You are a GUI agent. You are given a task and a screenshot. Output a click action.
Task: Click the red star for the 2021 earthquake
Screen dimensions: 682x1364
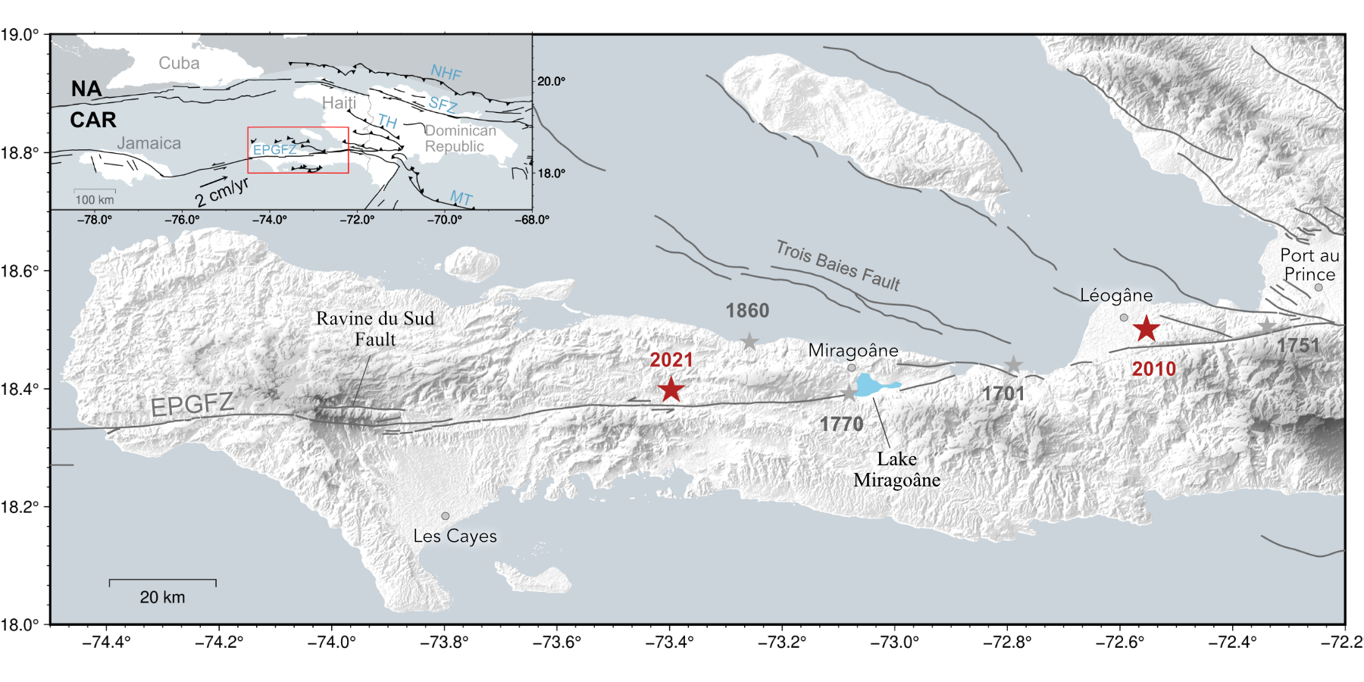671,389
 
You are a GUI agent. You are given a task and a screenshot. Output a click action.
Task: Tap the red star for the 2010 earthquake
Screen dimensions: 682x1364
1147,329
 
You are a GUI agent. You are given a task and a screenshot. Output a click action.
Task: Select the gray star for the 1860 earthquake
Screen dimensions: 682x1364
749,342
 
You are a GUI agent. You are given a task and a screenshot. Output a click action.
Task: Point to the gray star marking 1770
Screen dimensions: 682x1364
849,393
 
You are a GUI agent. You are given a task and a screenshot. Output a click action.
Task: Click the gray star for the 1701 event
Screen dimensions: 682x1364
1014,365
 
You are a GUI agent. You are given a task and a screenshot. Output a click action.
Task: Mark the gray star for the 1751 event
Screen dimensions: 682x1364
1267,326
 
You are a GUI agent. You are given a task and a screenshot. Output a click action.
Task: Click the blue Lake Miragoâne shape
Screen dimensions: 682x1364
874,384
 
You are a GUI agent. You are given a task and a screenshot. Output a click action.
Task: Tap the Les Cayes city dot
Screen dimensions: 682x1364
446,516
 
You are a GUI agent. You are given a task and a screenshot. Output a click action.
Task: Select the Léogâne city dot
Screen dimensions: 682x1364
1124,318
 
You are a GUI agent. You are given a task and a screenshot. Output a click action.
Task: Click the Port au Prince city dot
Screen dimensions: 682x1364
1319,287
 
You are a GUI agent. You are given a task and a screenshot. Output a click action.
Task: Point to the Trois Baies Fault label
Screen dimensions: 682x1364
838,266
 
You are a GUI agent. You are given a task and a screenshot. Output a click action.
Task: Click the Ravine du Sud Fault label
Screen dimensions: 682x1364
375,329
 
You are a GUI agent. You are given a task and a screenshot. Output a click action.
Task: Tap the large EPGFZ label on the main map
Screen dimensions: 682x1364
192,404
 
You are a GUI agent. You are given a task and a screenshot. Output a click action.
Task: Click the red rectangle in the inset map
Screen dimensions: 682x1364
298,128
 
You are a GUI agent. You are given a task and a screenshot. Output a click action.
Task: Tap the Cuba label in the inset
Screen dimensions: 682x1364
179,64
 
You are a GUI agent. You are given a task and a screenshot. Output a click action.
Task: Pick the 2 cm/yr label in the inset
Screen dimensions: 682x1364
221,192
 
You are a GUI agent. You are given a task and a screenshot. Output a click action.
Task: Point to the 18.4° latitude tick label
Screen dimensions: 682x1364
20,389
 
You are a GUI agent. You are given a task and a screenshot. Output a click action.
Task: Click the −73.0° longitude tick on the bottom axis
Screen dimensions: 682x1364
894,643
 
